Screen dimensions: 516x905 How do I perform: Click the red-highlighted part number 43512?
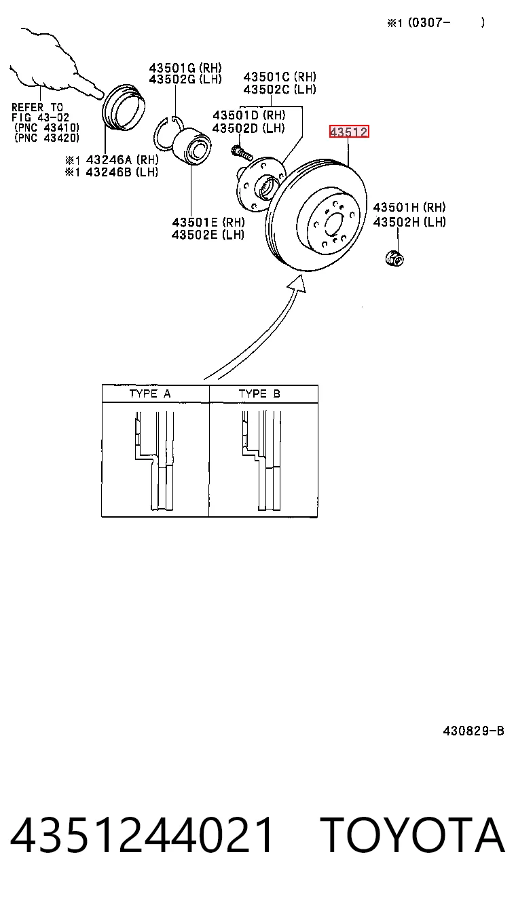tap(349, 132)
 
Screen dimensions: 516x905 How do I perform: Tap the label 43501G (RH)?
tap(185, 67)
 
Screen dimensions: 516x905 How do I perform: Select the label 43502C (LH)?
tap(280, 89)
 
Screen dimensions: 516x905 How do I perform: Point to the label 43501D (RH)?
tap(249, 115)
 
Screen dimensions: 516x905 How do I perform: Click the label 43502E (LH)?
tap(208, 234)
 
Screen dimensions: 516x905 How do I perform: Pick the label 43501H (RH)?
tap(409, 208)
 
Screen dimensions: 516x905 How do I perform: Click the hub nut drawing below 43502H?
tap(394, 258)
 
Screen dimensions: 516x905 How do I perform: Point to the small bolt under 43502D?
tap(242, 153)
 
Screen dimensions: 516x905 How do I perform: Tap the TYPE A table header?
tap(150, 393)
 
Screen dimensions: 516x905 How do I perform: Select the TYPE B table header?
tap(259, 393)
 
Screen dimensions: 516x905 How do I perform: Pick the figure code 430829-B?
tap(473, 731)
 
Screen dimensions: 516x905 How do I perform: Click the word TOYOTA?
tap(413, 834)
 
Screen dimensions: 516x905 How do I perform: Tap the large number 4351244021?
tap(141, 834)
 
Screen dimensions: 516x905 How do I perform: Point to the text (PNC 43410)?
tap(47, 128)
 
